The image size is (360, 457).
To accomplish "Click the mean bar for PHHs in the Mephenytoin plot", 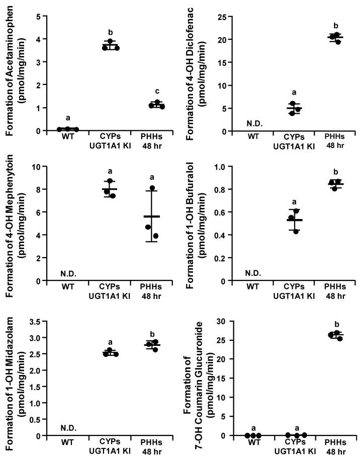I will coord(151,216).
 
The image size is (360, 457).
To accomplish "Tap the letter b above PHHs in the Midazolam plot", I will coord(151,333).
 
